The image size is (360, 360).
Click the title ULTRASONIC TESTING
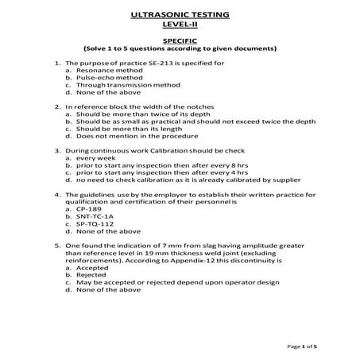tap(179, 14)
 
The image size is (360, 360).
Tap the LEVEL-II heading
tap(179, 25)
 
